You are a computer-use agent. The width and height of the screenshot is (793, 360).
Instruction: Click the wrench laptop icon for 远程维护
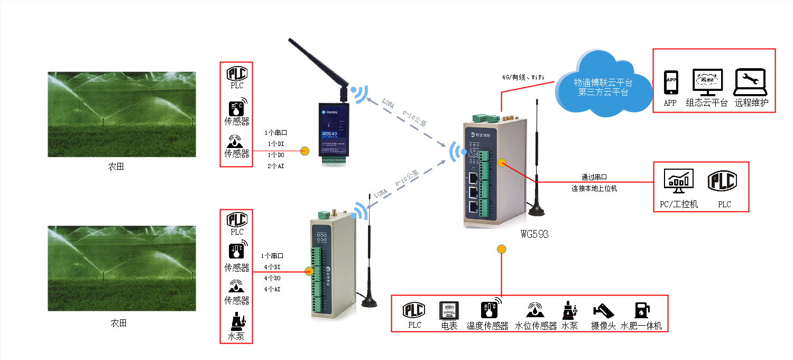pos(750,82)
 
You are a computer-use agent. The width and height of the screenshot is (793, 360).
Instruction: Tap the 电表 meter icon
pos(448,310)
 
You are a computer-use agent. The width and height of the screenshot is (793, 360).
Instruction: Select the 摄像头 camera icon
pos(603,310)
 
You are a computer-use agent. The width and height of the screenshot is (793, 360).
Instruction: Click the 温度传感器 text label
pos(487,326)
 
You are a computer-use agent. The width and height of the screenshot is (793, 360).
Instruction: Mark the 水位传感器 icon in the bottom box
pos(536,310)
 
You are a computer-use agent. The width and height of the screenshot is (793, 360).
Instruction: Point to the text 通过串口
pos(594,178)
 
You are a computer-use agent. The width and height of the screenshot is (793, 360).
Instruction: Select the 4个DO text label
pos(272,278)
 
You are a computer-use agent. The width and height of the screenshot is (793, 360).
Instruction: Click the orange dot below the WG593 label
pos(501,250)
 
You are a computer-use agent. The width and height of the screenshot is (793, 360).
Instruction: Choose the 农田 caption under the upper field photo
pos(116,167)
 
